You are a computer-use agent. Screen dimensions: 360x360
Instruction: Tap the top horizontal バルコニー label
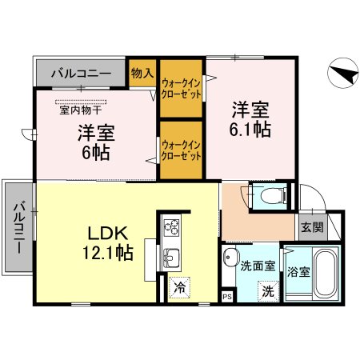[81, 74]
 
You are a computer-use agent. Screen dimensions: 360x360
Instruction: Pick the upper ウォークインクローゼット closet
[181, 86]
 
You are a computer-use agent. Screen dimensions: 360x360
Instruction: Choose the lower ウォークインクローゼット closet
[181, 150]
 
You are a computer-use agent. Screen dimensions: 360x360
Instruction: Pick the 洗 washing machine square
[269, 291]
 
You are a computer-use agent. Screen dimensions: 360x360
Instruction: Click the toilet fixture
[265, 194]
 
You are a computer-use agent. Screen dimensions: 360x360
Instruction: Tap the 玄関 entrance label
[312, 226]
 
